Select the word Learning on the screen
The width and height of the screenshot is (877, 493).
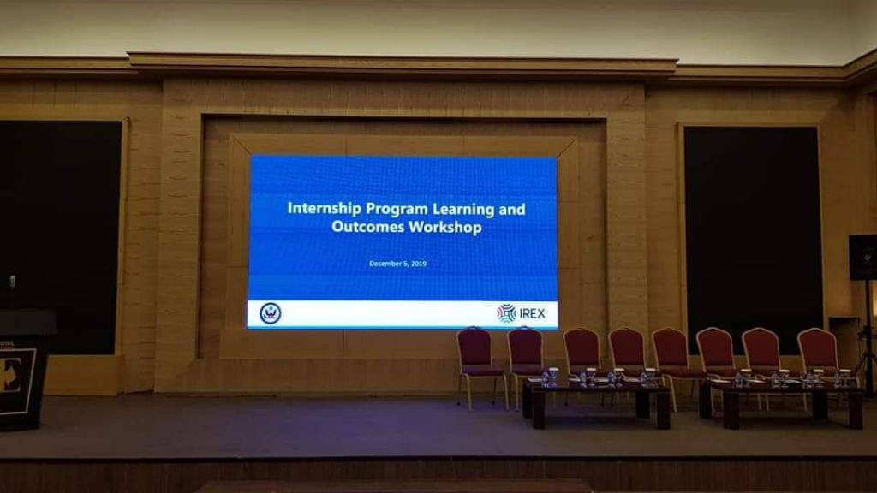pyautogui.click(x=464, y=210)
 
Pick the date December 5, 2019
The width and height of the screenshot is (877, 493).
pyautogui.click(x=397, y=264)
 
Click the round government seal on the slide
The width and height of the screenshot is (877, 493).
pyautogui.click(x=271, y=313)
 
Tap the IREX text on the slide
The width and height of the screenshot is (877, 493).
pyautogui.click(x=533, y=313)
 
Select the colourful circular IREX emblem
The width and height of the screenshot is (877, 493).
pyautogui.click(x=507, y=313)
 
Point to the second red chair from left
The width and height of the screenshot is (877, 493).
pyautogui.click(x=525, y=358)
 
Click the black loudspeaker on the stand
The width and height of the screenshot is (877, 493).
pyautogui.click(x=862, y=257)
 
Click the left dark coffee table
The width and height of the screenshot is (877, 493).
pyautogui.click(x=596, y=401)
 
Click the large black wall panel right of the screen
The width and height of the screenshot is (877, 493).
pyautogui.click(x=754, y=241)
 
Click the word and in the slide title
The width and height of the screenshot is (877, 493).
pyautogui.click(x=512, y=210)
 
